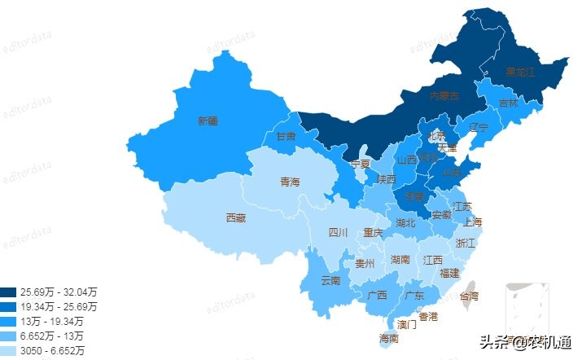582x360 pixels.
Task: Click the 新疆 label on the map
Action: click(208, 121)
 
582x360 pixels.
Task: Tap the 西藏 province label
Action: click(236, 217)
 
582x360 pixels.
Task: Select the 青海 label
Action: click(290, 182)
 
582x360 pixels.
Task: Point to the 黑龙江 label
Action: click(521, 72)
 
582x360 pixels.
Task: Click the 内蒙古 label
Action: click(444, 96)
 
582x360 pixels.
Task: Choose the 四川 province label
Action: click(338, 233)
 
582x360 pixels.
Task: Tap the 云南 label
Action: click(330, 280)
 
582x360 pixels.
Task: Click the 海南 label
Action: click(389, 338)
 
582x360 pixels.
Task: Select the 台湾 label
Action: click(470, 296)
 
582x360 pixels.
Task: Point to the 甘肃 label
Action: click(286, 136)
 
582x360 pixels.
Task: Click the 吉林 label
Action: click(508, 103)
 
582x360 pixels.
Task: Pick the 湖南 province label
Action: click(400, 260)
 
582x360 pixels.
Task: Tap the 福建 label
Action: click(449, 273)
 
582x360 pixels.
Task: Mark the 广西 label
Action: click(377, 295)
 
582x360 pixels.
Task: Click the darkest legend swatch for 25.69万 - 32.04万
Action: click(9, 292)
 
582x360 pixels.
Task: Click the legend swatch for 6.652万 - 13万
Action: click(9, 336)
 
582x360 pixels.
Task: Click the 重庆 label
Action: click(373, 233)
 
